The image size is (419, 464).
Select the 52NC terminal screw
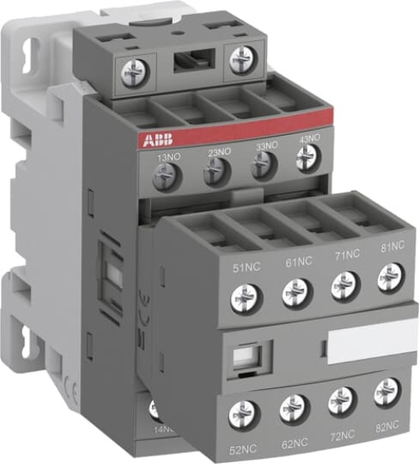pos(243,411)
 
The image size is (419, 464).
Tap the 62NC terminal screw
pos(292,406)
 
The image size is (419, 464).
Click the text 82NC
pos(386,425)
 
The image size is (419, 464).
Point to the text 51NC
pos(246,265)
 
